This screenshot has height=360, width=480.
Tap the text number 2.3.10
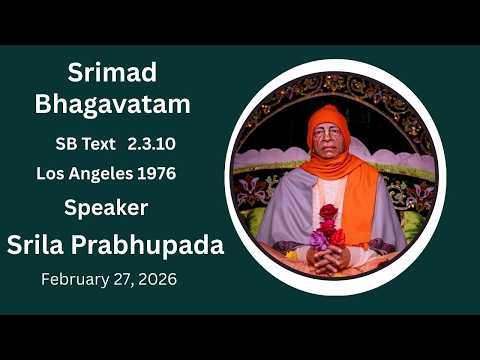pos(152,144)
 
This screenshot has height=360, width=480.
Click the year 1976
pos(157,173)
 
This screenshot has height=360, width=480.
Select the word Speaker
pos(106,208)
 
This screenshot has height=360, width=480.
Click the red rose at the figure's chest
pos(328,212)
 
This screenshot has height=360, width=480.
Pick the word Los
pos(52,173)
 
